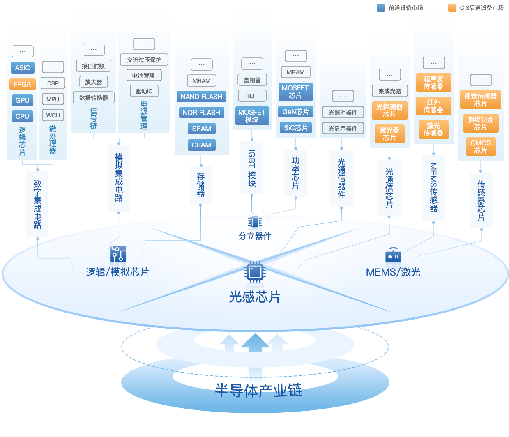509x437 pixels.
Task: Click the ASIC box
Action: point(23,68)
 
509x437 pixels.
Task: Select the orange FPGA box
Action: point(23,84)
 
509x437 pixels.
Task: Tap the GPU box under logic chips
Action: point(23,100)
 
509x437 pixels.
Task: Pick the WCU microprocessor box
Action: point(53,115)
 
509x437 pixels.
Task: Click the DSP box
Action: point(53,83)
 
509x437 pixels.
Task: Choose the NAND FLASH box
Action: point(201,97)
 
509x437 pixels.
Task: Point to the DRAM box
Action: point(201,145)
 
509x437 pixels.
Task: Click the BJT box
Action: point(252,96)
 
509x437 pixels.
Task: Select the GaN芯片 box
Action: point(295,112)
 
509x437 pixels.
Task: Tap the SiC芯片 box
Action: point(295,128)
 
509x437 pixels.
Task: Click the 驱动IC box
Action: point(144,91)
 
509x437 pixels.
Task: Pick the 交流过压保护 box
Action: point(144,60)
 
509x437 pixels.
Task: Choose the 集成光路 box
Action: point(389,91)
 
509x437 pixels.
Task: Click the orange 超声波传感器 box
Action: point(433,83)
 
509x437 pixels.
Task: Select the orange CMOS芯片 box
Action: point(481,147)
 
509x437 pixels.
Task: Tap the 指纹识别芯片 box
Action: point(481,123)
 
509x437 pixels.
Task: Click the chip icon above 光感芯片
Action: point(255,271)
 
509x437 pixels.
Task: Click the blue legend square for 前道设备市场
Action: point(381,8)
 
